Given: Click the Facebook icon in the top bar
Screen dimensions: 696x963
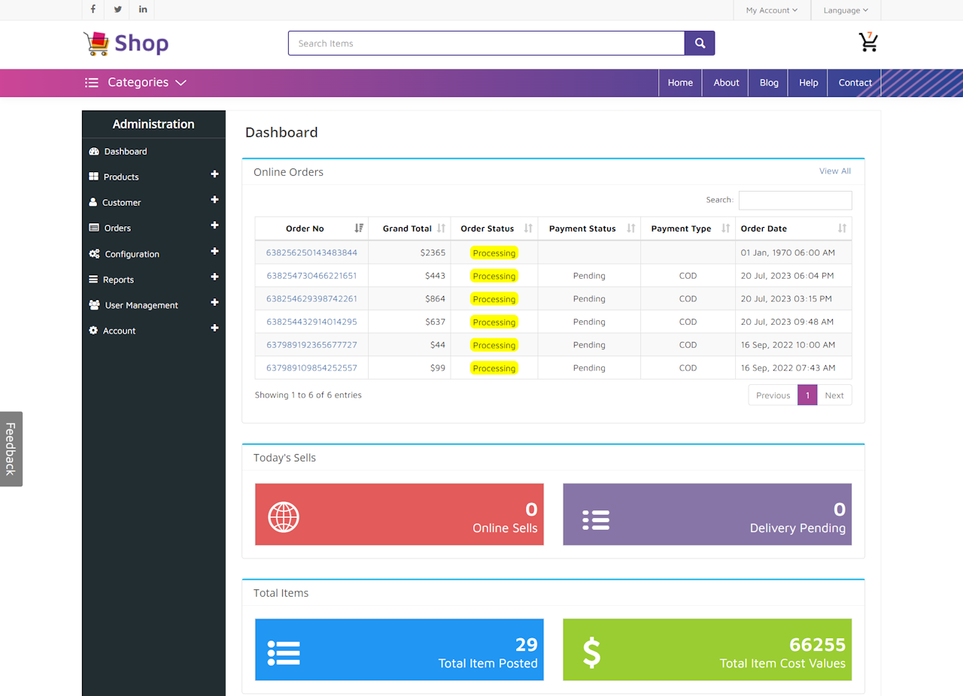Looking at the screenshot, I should click(x=93, y=10).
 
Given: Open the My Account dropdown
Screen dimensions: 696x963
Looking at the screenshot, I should click(x=771, y=11).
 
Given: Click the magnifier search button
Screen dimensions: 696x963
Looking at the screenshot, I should click(x=699, y=44).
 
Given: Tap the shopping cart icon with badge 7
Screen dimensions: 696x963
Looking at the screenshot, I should click(x=868, y=43).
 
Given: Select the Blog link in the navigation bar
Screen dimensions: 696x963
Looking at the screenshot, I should click(x=768, y=83).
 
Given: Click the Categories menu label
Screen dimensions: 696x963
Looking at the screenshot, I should click(x=137, y=83).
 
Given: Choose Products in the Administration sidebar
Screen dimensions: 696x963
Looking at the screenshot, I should click(x=121, y=177).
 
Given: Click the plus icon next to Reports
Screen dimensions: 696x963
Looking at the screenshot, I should click(x=214, y=277).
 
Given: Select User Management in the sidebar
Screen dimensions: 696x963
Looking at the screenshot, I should click(x=141, y=305).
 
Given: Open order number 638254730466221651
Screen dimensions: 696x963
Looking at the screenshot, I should click(x=311, y=276).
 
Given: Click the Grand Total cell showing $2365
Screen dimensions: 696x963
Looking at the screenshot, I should click(x=433, y=253).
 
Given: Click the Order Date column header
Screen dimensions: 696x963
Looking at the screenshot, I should click(x=764, y=228).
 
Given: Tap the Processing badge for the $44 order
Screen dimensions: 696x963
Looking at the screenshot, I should click(x=494, y=346).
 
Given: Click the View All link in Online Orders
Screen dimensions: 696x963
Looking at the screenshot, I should click(x=834, y=171).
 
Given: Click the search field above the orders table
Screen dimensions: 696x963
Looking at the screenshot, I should click(x=794, y=200).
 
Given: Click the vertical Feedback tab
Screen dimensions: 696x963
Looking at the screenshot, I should click(x=11, y=449).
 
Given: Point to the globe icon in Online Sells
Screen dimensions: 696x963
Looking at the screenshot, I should click(x=284, y=517).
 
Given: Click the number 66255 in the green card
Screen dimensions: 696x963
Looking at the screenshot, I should click(x=817, y=645).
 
